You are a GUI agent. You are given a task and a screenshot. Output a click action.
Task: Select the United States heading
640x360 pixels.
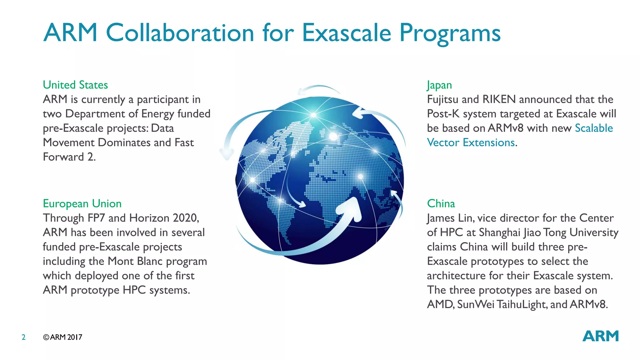(75, 85)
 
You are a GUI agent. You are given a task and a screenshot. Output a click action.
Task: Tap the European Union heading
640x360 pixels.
(82, 203)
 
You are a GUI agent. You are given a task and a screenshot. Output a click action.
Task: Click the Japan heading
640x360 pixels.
(439, 85)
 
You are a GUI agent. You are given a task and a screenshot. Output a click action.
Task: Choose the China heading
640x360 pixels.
(441, 203)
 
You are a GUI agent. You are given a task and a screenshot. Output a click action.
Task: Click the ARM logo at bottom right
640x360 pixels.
(600, 336)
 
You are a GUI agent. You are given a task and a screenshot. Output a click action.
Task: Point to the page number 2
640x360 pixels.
(23, 337)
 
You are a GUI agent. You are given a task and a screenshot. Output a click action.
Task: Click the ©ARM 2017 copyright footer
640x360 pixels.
(62, 337)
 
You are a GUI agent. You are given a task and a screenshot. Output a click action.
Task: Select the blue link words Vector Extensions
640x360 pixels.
(471, 142)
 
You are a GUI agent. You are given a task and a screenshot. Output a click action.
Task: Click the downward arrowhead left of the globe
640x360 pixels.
(227, 154)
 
